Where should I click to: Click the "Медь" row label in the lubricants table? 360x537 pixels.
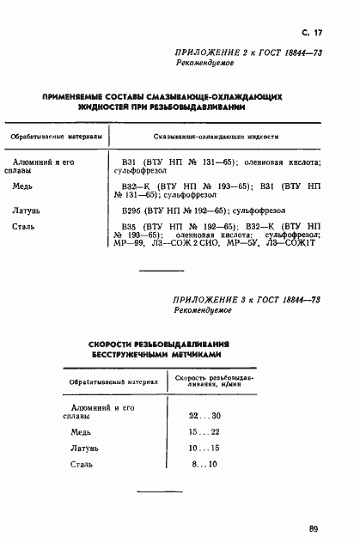coord(24,185)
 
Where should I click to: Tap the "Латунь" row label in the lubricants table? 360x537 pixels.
coord(28,209)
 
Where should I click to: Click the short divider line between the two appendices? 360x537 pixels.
coord(162,272)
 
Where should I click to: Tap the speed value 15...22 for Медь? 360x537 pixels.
coord(204,432)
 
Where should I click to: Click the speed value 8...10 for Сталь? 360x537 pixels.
coord(205,464)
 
